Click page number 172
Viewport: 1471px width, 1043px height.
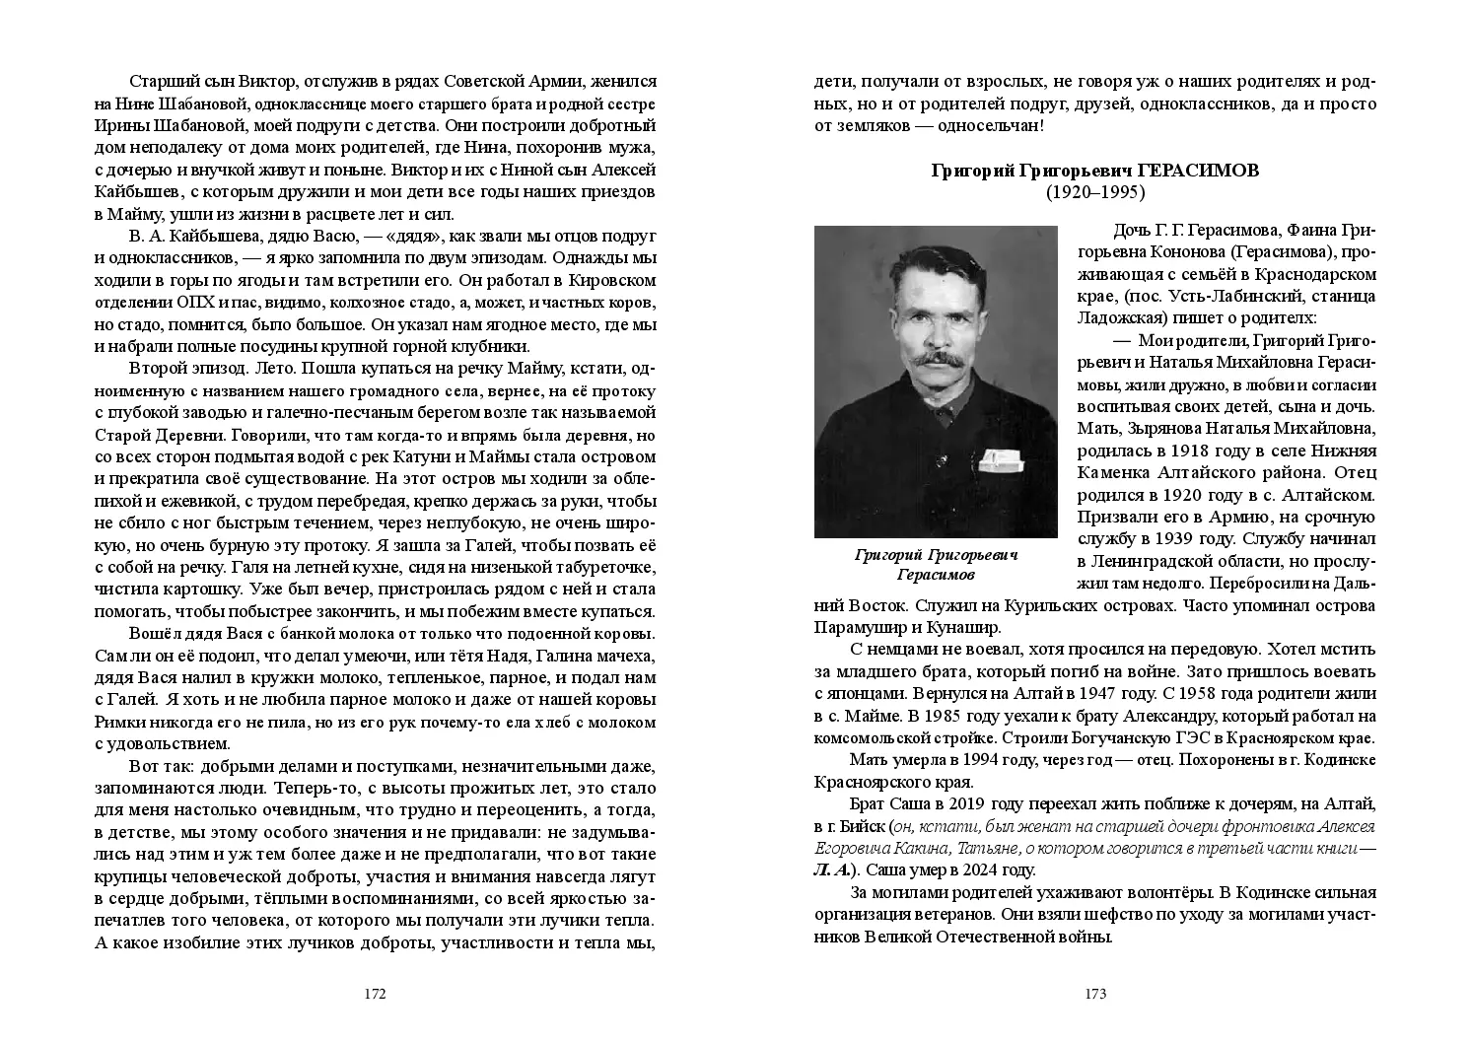click(375, 994)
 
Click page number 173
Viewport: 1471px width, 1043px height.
click(1095, 994)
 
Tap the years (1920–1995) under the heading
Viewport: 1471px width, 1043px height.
click(1095, 193)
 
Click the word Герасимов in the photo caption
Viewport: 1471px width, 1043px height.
click(936, 575)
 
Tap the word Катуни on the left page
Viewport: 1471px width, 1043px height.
click(458, 458)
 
